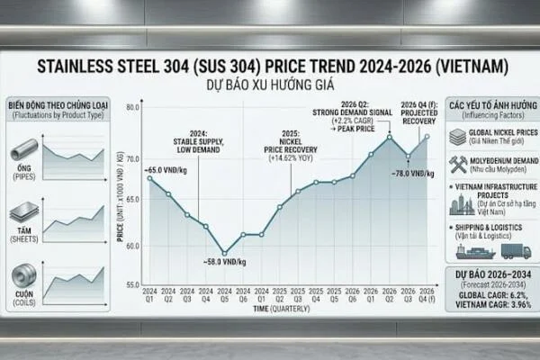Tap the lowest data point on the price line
(x=224, y=254)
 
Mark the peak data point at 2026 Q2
(x=389, y=136)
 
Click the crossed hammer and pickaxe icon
(x=458, y=165)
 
